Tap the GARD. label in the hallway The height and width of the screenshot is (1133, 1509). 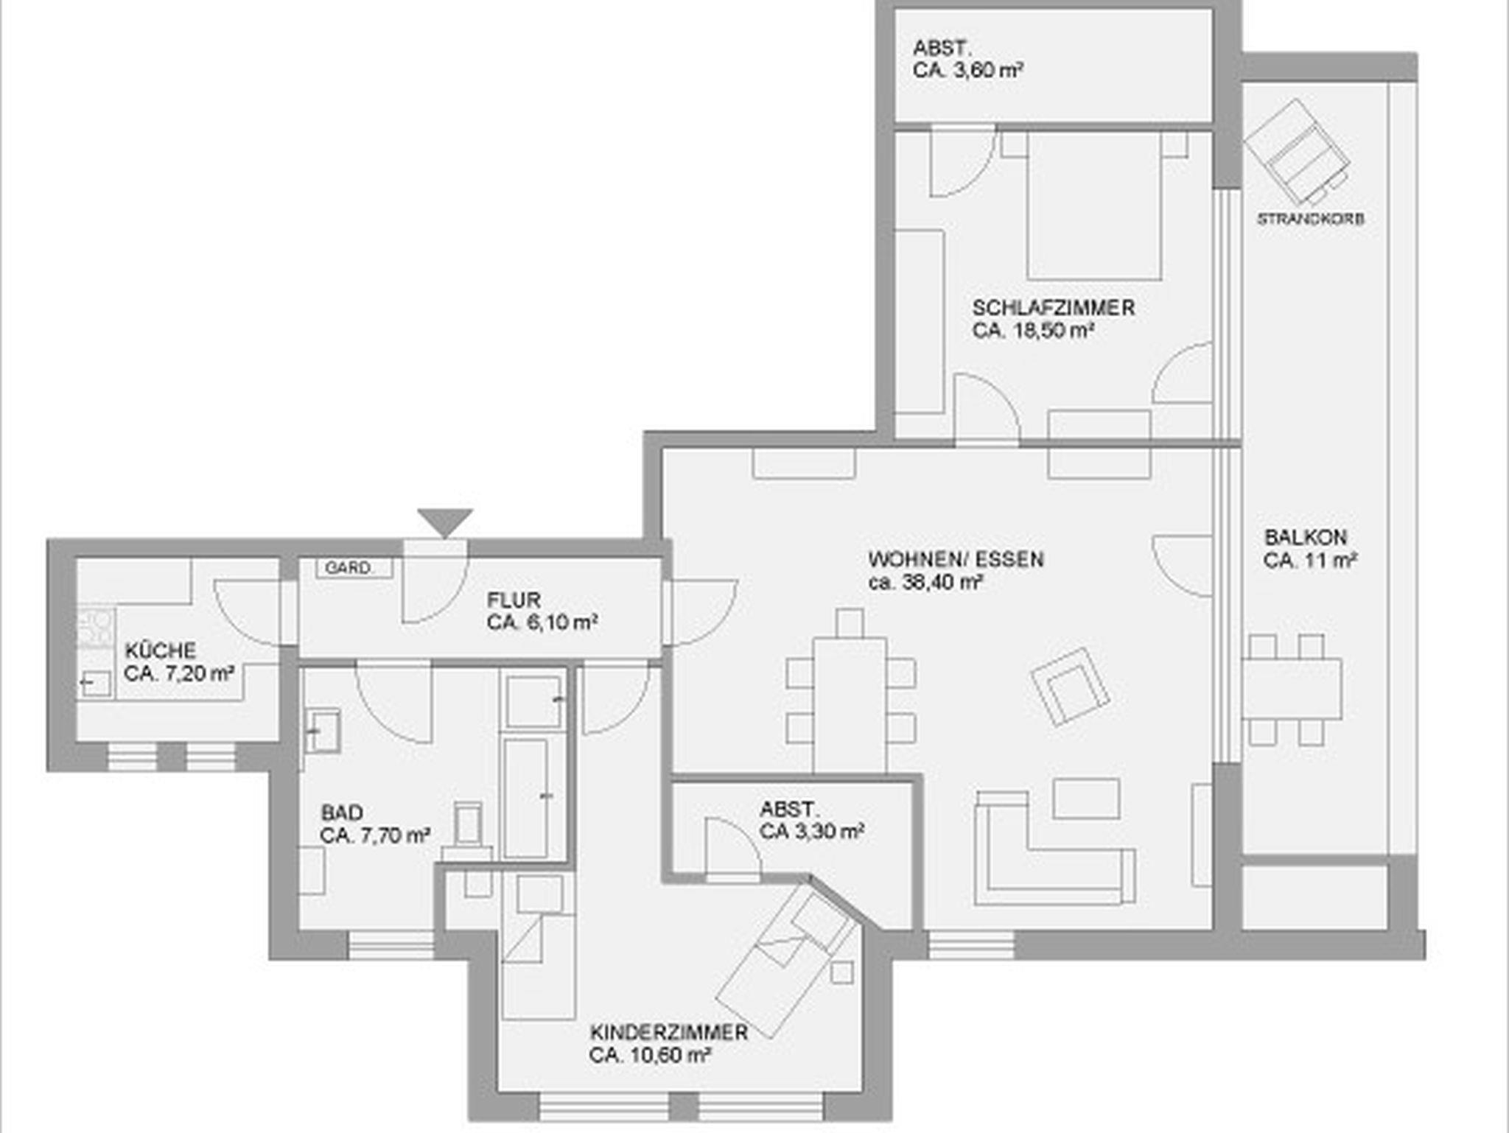(349, 568)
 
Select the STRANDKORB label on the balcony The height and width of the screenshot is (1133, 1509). (1310, 219)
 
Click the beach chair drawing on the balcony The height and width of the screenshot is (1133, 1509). (1297, 152)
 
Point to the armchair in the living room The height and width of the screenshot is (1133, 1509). (1071, 687)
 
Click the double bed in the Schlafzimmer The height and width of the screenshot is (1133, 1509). (1094, 206)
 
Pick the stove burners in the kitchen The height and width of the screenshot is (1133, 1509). (96, 628)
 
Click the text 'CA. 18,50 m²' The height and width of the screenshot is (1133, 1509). (1032, 331)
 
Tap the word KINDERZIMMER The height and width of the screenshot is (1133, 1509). (669, 1032)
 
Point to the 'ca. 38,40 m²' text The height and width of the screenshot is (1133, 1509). (925, 583)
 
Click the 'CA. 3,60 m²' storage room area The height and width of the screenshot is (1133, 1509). (967, 71)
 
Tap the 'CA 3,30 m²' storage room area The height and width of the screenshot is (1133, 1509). (812, 832)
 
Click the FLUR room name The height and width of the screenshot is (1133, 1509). (514, 600)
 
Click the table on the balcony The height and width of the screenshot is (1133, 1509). (1292, 689)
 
